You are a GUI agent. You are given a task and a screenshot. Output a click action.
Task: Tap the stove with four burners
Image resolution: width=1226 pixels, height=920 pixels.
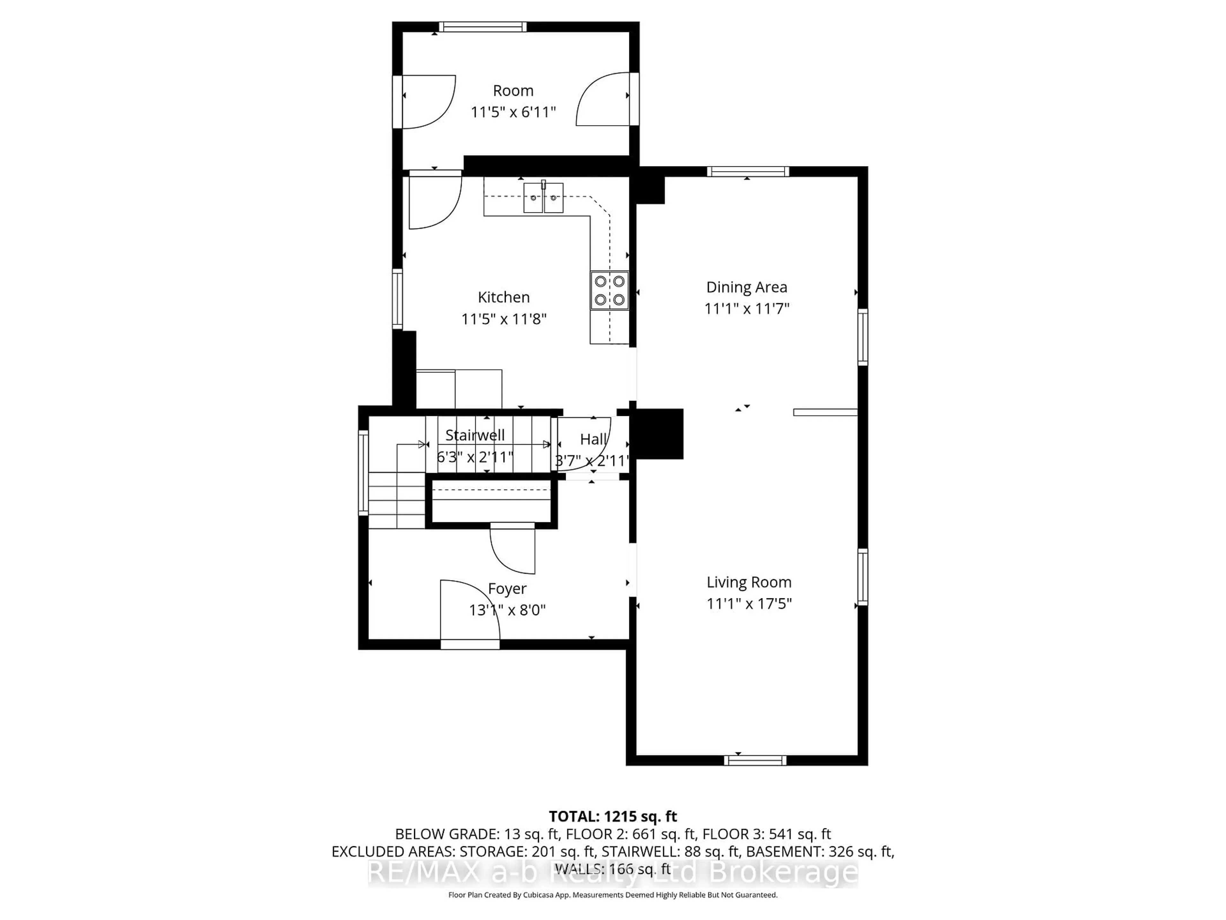pos(609,290)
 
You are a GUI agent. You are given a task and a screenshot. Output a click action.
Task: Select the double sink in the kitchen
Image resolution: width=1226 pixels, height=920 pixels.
pos(543,198)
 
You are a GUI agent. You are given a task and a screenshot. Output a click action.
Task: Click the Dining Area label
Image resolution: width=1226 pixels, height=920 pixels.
pos(746,287)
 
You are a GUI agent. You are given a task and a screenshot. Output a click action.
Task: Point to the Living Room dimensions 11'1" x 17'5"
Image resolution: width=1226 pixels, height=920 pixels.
pos(749,604)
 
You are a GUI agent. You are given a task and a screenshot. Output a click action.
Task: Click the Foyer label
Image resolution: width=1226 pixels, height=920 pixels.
pos(507,588)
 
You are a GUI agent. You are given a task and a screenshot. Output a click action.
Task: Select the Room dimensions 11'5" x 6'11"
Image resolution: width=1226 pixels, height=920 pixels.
pos(513,112)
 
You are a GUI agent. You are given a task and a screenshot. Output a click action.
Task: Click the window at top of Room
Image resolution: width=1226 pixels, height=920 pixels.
pos(483,27)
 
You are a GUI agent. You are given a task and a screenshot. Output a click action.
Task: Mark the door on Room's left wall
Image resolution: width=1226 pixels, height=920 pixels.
pos(426,102)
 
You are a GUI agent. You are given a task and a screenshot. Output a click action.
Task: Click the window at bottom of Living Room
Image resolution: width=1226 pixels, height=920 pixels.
pos(755,760)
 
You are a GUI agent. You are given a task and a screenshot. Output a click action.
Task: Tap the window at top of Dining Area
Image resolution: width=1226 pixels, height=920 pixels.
pos(748,171)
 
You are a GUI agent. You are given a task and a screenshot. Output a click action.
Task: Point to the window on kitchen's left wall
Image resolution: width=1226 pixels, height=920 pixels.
pos(397,299)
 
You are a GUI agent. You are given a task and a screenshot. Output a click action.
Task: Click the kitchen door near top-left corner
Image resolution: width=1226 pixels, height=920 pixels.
pos(435,201)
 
